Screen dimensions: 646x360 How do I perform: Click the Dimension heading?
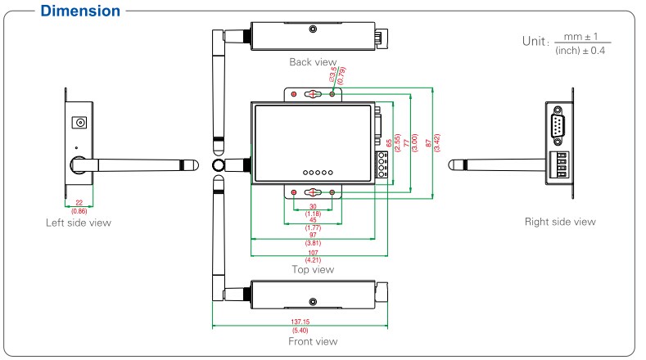tap(80, 11)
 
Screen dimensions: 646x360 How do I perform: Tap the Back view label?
tap(313, 62)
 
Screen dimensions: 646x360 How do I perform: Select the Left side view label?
tap(79, 223)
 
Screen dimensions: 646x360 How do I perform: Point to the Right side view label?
tap(560, 222)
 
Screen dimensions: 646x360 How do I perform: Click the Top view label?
tap(313, 269)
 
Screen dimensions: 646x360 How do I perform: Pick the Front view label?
tap(313, 341)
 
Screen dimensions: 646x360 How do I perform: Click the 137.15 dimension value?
tap(300, 322)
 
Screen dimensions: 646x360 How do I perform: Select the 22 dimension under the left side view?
tap(79, 203)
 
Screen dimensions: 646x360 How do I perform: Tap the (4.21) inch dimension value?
tap(313, 260)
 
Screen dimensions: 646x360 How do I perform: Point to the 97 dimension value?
tap(313, 235)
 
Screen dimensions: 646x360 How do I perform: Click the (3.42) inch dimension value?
tap(437, 143)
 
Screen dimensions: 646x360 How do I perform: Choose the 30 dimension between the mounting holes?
tap(313, 206)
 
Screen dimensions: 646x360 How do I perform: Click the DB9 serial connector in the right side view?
tap(558, 126)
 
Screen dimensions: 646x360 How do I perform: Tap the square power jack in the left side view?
tap(79, 123)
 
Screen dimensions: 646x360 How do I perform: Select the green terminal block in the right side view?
tap(559, 164)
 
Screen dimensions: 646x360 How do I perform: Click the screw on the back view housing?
tap(313, 29)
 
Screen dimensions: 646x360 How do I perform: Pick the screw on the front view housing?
tap(313, 302)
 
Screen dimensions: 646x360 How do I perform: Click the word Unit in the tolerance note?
tap(534, 41)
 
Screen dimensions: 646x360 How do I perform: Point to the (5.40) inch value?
tap(300, 331)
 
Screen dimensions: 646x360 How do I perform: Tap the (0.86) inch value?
tap(79, 211)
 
